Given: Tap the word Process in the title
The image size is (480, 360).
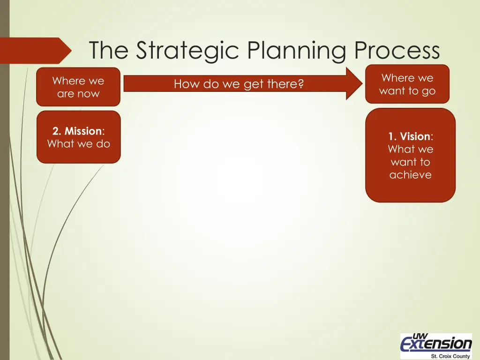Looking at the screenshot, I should (397, 51).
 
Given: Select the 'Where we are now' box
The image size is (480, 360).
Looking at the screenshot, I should (78, 87).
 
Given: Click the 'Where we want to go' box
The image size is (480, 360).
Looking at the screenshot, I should (407, 84).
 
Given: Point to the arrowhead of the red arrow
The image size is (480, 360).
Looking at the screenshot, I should (354, 83).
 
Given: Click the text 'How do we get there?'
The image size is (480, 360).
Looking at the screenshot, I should (239, 84).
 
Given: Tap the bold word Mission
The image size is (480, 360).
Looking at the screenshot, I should (83, 131).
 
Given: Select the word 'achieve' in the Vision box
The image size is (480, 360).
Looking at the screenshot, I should (410, 175).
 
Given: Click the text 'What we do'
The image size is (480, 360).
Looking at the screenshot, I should (78, 144).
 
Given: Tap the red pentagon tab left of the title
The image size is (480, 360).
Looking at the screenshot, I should (35, 51).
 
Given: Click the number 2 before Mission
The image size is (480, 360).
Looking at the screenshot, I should (55, 131).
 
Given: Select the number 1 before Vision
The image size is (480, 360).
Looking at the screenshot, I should (391, 136).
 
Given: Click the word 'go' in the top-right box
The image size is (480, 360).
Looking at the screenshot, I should (428, 91).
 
